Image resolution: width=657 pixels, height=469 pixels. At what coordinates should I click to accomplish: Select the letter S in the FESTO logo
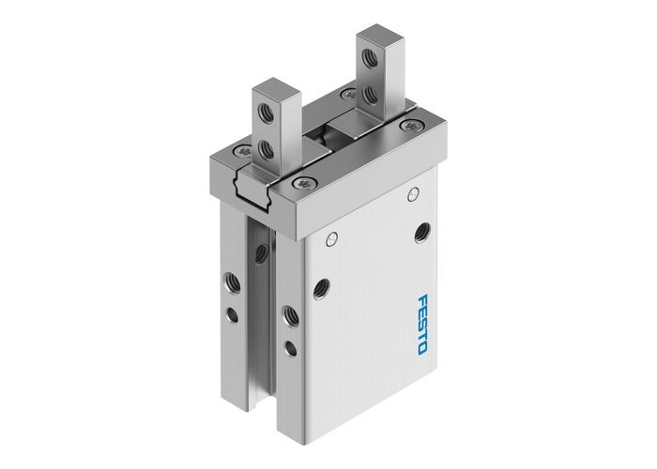click(420, 325)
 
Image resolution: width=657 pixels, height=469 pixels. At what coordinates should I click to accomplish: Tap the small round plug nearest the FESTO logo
click(413, 193)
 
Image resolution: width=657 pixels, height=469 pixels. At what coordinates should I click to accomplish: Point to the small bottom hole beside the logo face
click(289, 349)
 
